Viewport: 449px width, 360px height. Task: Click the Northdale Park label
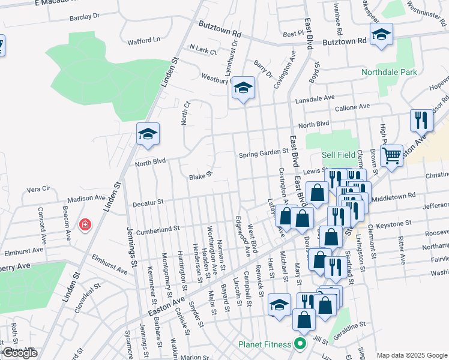coord(389,73)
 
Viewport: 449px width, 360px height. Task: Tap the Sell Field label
coord(339,155)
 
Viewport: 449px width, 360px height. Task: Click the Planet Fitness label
coord(265,344)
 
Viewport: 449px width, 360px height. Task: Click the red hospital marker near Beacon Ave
coord(85,225)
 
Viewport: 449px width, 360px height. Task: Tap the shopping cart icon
coord(391,157)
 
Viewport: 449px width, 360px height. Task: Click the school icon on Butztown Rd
coord(381,35)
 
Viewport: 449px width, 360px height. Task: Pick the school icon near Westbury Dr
coord(243,88)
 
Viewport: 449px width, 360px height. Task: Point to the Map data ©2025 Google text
coord(412,355)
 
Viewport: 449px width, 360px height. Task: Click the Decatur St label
coord(145,202)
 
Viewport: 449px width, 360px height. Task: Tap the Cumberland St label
coord(158,229)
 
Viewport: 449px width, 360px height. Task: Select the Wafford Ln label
coord(144,41)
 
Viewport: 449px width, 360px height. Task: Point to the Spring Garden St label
coord(264,152)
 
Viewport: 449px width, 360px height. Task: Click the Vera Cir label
coord(38,188)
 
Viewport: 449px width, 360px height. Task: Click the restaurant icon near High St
coord(422,120)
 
